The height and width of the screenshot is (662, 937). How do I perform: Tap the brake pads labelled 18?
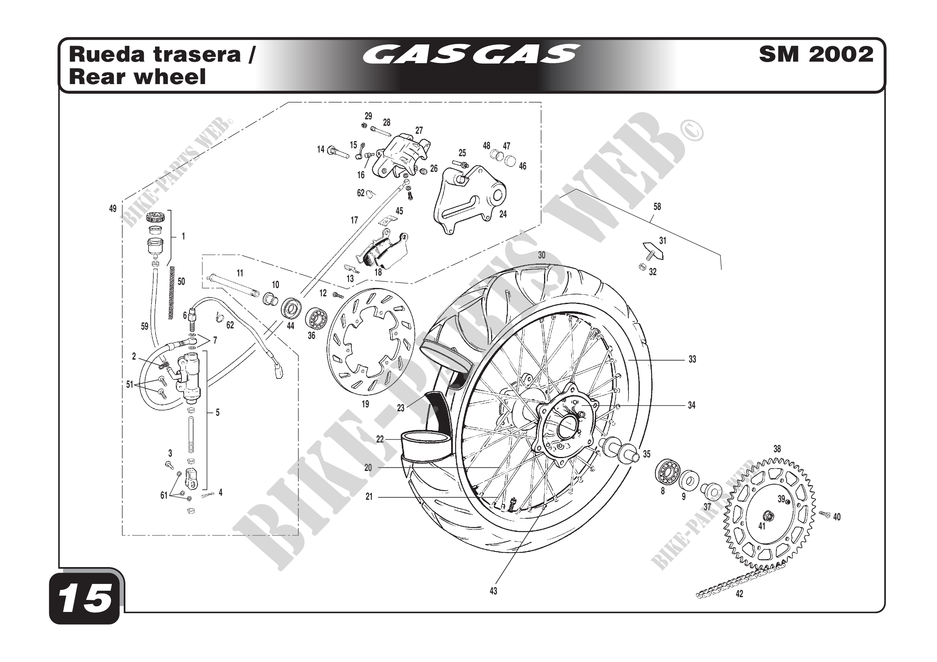[x=383, y=251]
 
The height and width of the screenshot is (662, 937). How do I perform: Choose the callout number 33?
[x=692, y=359]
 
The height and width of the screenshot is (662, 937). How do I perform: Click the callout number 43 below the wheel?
[x=494, y=591]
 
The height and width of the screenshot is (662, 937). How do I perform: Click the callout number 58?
[x=657, y=207]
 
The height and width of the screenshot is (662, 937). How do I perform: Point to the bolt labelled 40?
[x=825, y=515]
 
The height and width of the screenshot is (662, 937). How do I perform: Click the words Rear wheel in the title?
[x=137, y=77]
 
